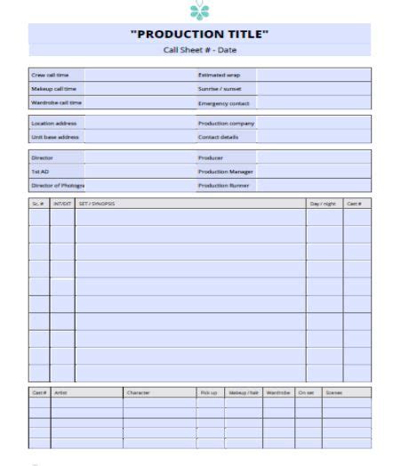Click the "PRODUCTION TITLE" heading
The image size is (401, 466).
(199, 35)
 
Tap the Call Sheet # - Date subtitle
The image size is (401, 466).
(199, 50)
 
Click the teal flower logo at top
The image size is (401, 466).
(199, 10)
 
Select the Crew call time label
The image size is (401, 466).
(50, 76)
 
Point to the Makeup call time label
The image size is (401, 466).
(53, 89)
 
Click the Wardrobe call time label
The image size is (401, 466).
(56, 102)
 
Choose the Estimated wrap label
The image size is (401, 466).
(219, 76)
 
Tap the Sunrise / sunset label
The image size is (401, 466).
(219, 89)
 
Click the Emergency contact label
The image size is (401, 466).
(223, 103)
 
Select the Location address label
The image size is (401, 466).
(53, 124)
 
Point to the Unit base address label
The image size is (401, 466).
(55, 137)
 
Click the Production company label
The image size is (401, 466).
(226, 124)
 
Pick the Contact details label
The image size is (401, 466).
(219, 137)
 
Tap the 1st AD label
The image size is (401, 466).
(40, 172)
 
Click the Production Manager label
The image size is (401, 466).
(226, 172)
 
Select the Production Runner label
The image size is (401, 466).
(224, 186)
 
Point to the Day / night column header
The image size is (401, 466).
(323, 204)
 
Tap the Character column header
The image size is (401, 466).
(138, 392)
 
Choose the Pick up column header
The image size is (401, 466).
(208, 392)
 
